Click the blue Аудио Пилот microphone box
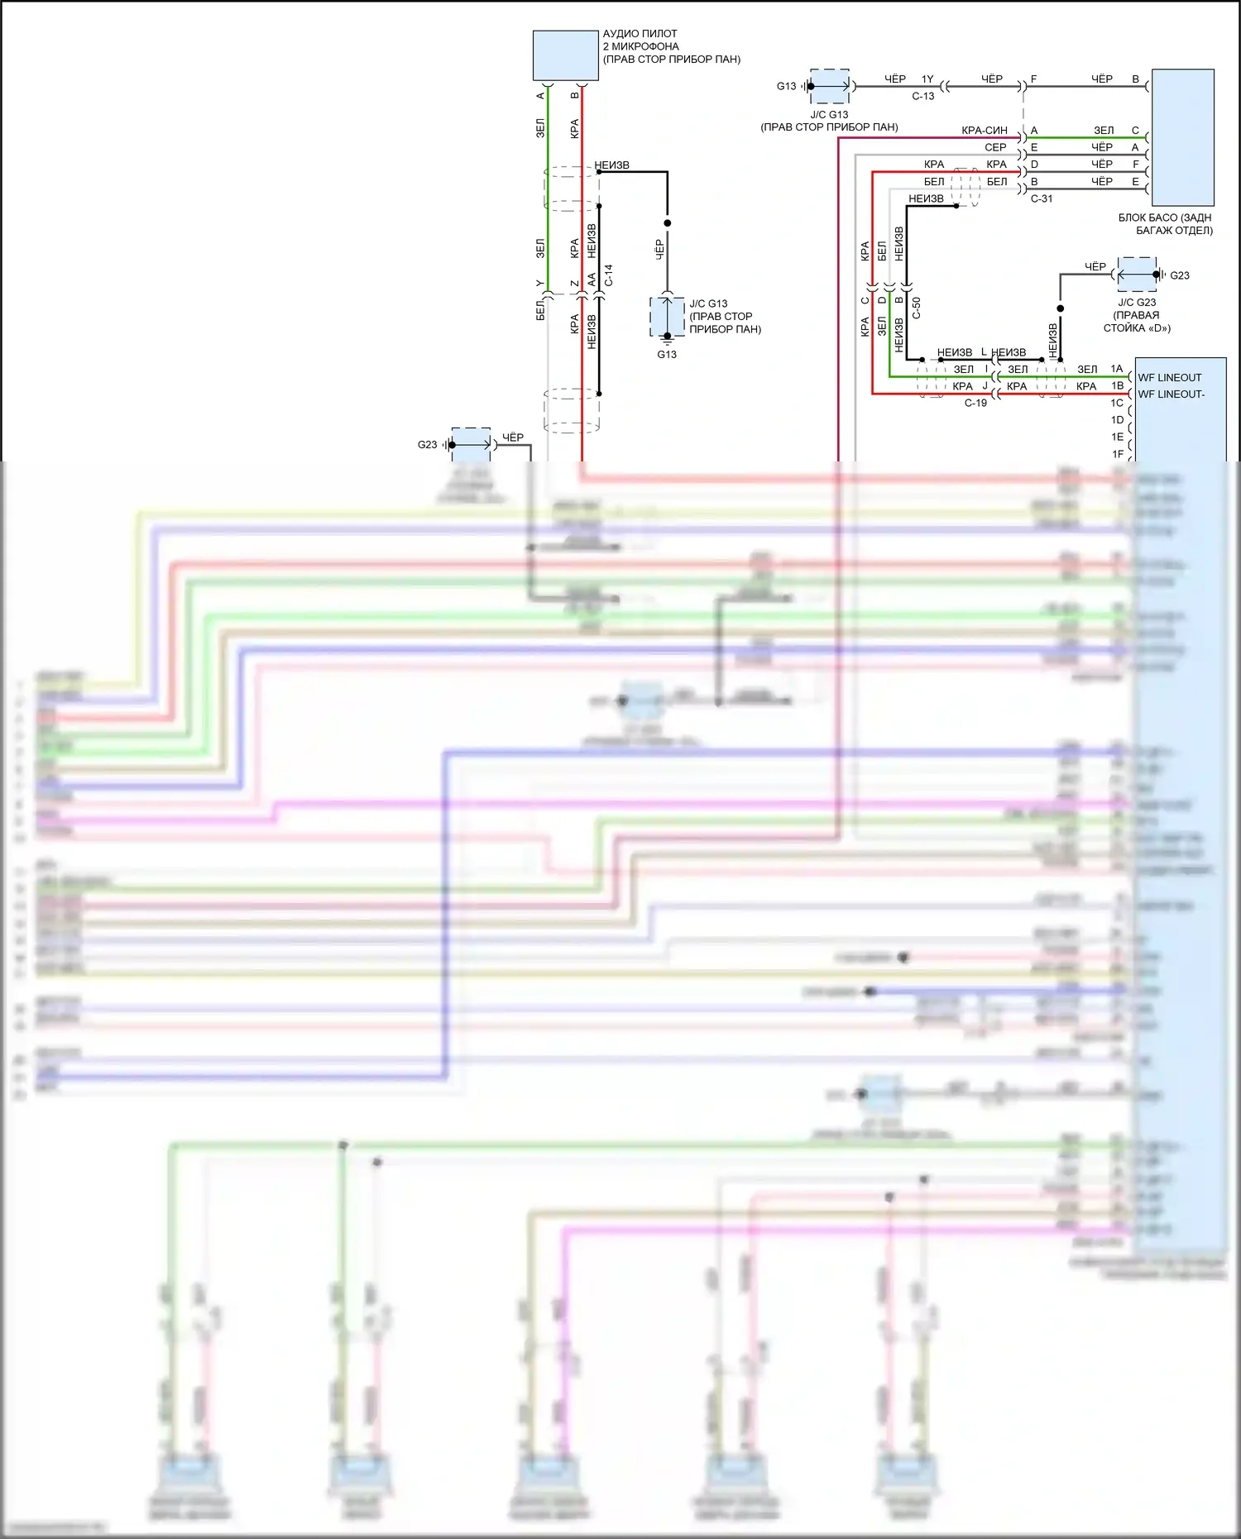click(565, 55)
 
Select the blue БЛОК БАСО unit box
click(1182, 137)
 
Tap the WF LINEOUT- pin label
click(1171, 394)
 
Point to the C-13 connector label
click(923, 96)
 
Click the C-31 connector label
click(1042, 198)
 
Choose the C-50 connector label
click(917, 308)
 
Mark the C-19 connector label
click(975, 404)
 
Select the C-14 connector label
click(609, 275)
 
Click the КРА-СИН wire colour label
click(985, 131)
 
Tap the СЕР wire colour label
click(995, 147)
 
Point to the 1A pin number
click(1117, 369)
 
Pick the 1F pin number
click(1118, 454)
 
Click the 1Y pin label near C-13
click(927, 79)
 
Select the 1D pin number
click(1118, 420)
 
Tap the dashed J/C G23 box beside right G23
click(1137, 275)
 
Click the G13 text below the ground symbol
click(667, 355)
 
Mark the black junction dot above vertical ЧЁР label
click(668, 223)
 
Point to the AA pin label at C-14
click(592, 280)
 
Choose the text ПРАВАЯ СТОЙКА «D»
click(1137, 322)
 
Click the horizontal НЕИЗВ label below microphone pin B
click(612, 165)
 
